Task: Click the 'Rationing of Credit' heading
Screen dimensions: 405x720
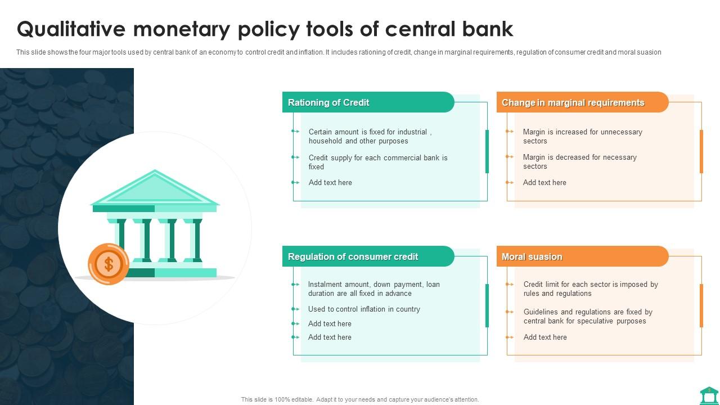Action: pyautogui.click(x=328, y=102)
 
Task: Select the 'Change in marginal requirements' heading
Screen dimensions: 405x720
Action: pyautogui.click(x=573, y=102)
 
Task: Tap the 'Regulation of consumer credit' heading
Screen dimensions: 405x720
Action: pyautogui.click(x=353, y=256)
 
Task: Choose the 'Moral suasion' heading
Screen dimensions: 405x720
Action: pyautogui.click(x=532, y=256)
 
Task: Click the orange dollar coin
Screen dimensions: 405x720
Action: pyautogui.click(x=109, y=264)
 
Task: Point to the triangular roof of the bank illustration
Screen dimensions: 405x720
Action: pyautogui.click(x=155, y=189)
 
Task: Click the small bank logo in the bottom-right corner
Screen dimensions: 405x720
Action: pyautogui.click(x=709, y=395)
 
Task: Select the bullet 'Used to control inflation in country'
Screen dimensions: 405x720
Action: pyautogui.click(x=364, y=309)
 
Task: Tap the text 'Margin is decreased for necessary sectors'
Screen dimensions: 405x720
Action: pyautogui.click(x=579, y=161)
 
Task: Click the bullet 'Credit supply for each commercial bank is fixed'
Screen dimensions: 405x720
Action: pyautogui.click(x=377, y=162)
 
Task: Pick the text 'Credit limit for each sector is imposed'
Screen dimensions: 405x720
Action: pyautogui.click(x=590, y=289)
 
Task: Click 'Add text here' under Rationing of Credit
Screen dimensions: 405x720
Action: pyautogui.click(x=330, y=182)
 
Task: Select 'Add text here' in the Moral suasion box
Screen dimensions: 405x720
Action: pyautogui.click(x=545, y=337)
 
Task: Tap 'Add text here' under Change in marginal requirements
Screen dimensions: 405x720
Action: pyautogui.click(x=544, y=182)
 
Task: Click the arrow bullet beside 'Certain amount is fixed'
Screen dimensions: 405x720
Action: pyautogui.click(x=295, y=131)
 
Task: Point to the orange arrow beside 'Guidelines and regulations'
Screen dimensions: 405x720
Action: pyautogui.click(x=510, y=312)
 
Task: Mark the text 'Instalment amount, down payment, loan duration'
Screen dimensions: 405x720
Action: pyautogui.click(x=373, y=289)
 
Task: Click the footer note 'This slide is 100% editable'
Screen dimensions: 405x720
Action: pyautogui.click(x=360, y=399)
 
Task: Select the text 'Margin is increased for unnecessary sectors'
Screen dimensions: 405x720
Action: pyautogui.click(x=582, y=136)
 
